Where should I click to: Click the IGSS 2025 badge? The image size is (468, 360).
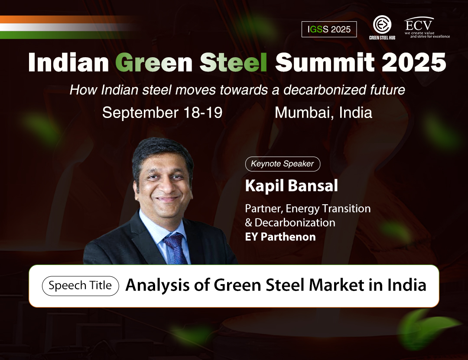point(329,29)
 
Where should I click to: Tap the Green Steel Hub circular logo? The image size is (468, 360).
point(382,24)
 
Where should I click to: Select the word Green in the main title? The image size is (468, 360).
point(154,62)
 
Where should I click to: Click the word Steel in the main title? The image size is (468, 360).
point(234,62)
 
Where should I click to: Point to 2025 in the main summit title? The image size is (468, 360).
point(414,62)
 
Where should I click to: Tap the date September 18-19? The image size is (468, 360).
point(162,113)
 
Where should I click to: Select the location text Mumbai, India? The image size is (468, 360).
point(323,113)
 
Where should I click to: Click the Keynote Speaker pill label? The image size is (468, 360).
point(283,164)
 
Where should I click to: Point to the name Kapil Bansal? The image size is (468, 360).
point(291,186)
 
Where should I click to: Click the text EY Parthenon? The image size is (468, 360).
point(280,237)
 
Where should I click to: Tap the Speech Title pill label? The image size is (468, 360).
point(80,285)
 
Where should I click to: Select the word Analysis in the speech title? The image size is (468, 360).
point(157,285)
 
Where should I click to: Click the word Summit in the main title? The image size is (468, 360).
point(325,62)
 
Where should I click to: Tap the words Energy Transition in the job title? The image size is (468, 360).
point(328,209)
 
